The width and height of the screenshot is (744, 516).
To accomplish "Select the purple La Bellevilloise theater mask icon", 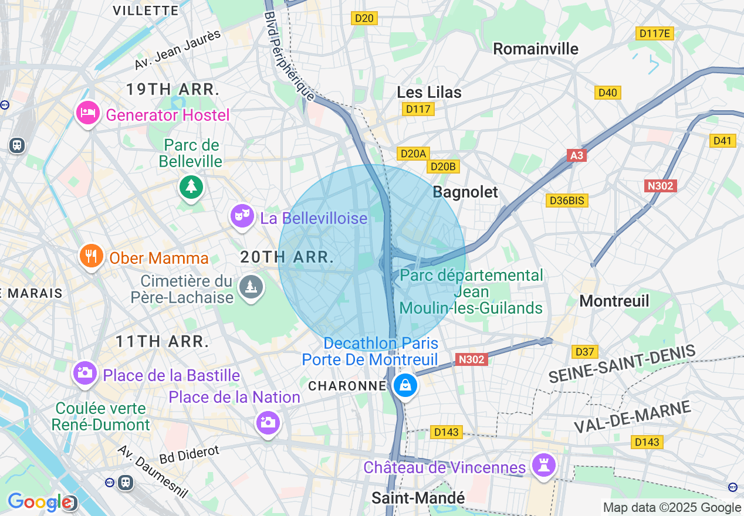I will click(x=241, y=216).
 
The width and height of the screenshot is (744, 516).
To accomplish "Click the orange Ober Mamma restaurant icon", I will click(x=91, y=256).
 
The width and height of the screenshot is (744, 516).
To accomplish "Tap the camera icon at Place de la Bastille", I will click(x=85, y=373).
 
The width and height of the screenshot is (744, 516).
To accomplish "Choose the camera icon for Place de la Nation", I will click(x=268, y=423).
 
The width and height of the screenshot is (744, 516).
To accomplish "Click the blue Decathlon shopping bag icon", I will click(x=405, y=386).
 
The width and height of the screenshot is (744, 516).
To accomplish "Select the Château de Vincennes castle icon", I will click(x=543, y=466).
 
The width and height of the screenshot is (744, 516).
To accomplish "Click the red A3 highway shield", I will click(x=577, y=155).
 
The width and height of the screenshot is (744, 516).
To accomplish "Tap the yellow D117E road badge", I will click(x=654, y=33).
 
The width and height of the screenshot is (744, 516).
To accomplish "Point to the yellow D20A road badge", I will click(x=413, y=154).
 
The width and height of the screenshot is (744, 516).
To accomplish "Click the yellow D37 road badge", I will click(x=585, y=352).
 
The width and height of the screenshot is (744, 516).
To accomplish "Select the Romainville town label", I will click(x=535, y=49).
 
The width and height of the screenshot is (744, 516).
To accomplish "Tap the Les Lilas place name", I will click(x=429, y=92).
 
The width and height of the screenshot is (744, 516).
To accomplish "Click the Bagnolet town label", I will click(x=465, y=192).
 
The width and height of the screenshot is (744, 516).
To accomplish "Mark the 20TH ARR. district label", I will click(x=287, y=256).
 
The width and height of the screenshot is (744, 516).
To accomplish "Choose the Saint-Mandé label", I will click(x=418, y=498).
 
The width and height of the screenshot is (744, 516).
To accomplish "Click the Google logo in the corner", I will click(x=39, y=502).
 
